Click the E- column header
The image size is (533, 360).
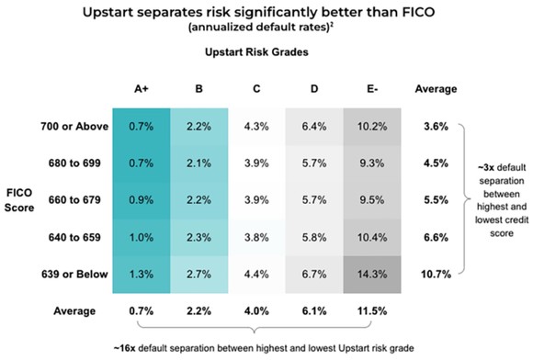pos(373,90)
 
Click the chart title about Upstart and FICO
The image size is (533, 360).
pos(266,13)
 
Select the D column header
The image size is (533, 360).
pos(314,90)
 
